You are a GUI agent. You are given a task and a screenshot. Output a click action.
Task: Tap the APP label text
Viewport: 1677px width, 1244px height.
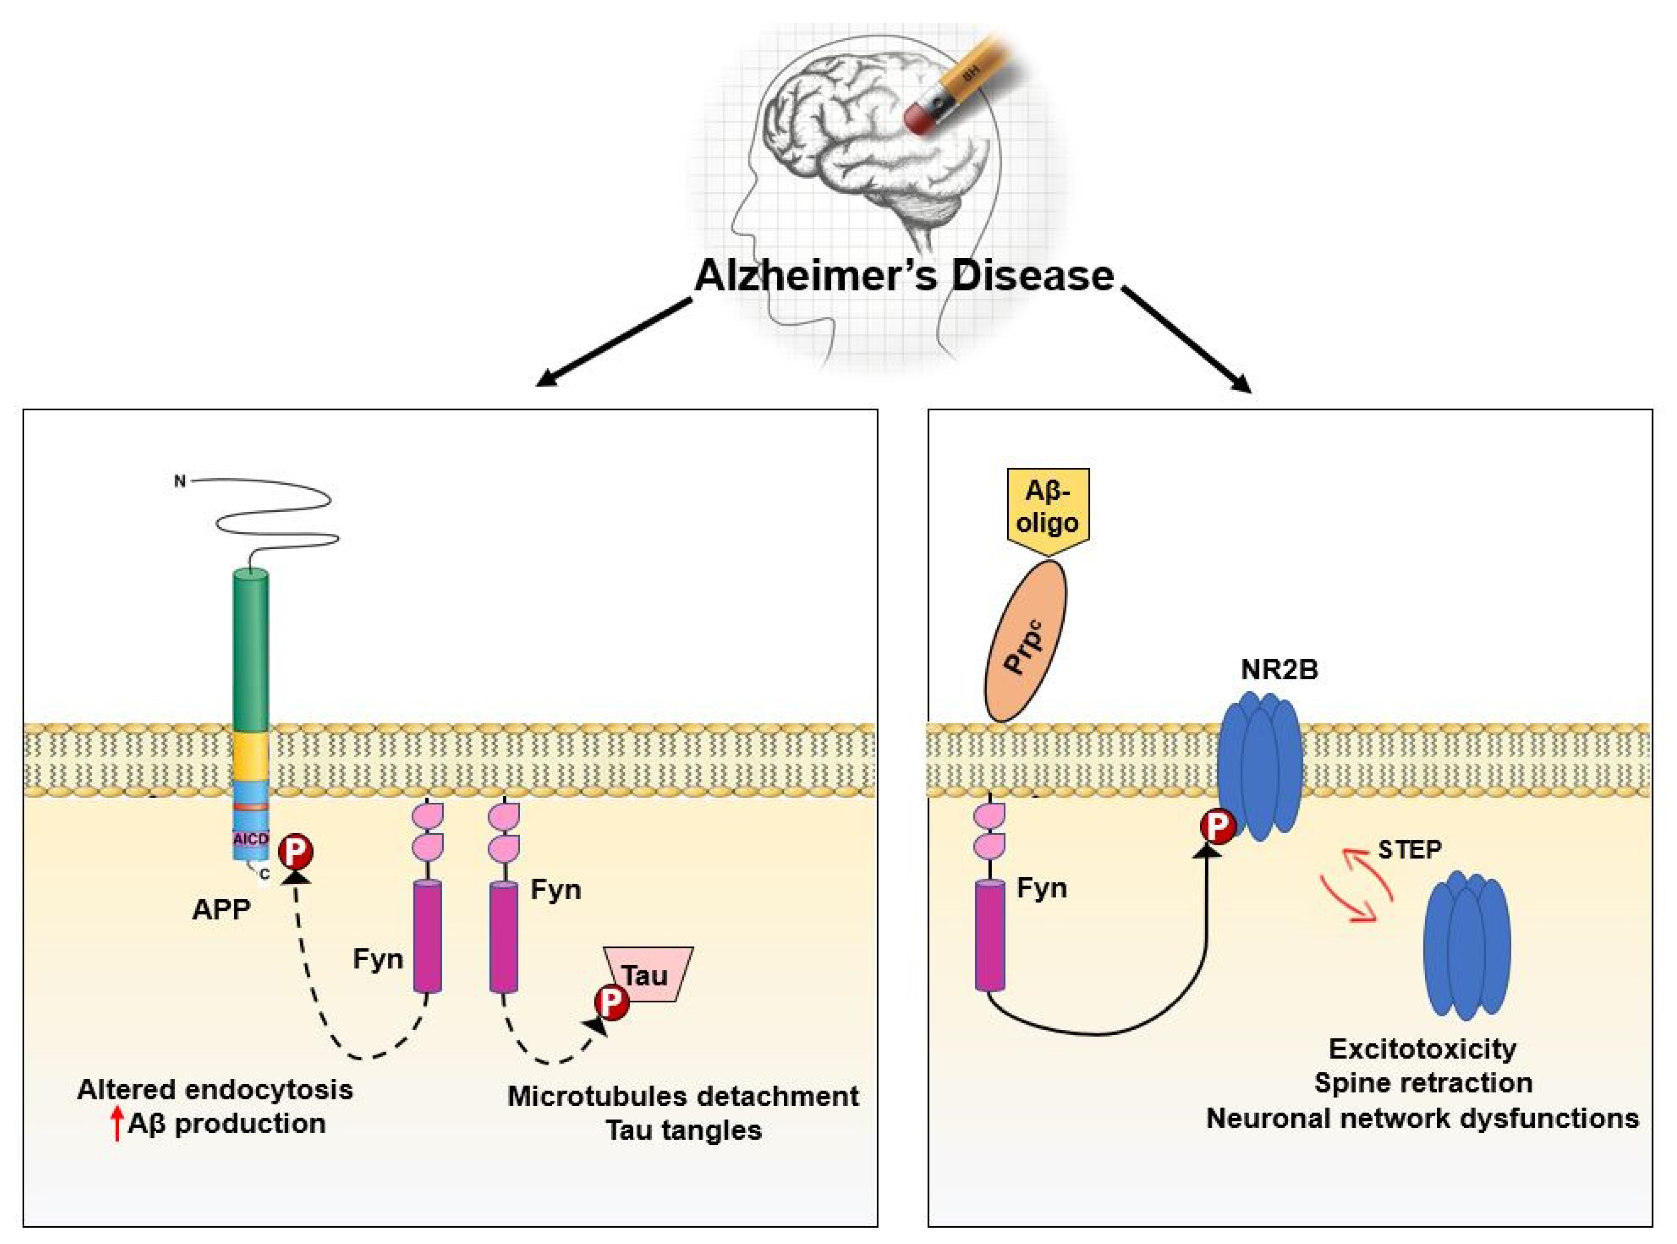[221, 910]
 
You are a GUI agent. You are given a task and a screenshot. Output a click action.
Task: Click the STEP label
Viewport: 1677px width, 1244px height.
[1409, 849]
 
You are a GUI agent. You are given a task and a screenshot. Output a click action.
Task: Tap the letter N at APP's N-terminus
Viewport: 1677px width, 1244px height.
[179, 481]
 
